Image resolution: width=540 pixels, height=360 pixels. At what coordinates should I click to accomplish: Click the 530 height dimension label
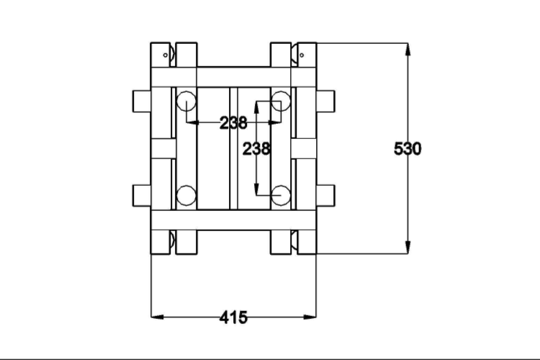(408, 149)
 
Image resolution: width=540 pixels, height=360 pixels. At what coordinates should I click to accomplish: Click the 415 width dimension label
(233, 317)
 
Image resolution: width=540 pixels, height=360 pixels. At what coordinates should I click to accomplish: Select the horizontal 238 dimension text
(233, 123)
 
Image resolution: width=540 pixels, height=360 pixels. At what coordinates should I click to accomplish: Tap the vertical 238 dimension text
(256, 148)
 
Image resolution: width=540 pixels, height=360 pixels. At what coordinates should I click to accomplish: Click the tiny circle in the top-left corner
(165, 54)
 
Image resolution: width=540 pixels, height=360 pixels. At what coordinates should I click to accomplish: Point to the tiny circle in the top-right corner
(302, 54)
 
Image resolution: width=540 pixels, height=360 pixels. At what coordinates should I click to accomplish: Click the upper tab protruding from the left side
(141, 101)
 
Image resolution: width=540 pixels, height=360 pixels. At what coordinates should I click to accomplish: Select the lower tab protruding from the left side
(141, 195)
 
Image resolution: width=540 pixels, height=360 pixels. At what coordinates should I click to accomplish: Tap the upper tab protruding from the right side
(325, 101)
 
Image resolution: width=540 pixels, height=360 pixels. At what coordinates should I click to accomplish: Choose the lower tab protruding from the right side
(325, 195)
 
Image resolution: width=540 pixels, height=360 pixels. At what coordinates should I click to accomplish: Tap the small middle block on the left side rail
(163, 148)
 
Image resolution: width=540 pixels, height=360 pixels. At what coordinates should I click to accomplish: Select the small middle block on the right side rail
(304, 148)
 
